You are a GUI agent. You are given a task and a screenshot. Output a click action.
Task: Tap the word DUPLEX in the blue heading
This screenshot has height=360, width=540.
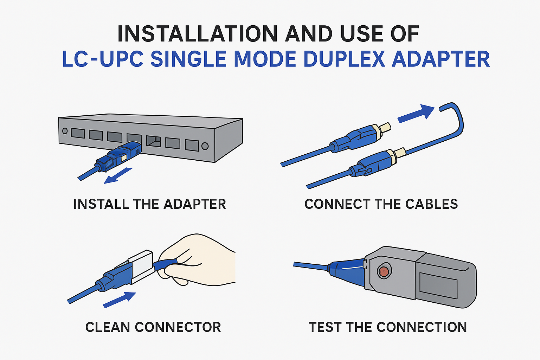[x=344, y=59]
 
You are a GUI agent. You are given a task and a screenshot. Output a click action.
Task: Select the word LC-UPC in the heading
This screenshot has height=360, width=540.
[x=103, y=59]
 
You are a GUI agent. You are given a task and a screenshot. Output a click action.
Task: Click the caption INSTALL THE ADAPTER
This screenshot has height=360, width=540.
[x=149, y=204]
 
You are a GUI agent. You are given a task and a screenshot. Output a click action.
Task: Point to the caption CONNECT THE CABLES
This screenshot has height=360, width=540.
[x=381, y=204]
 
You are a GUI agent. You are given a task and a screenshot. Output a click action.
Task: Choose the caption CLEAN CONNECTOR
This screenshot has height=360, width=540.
[x=153, y=327]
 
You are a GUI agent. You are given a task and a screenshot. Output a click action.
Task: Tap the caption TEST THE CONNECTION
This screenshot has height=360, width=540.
[x=388, y=327]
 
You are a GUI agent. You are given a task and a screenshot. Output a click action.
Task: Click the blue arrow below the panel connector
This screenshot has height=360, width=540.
[x=118, y=176]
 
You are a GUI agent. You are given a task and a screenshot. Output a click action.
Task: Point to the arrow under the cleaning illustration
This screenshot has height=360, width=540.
[x=120, y=300]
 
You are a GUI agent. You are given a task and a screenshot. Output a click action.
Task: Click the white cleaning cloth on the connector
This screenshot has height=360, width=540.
[x=142, y=265]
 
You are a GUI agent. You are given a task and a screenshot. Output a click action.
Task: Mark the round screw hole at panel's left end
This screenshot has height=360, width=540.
[x=65, y=131]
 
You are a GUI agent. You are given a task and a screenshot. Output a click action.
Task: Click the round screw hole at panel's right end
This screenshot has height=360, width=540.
[x=205, y=146]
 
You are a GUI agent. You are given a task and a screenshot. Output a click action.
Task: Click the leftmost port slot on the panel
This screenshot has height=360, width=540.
[x=78, y=133]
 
